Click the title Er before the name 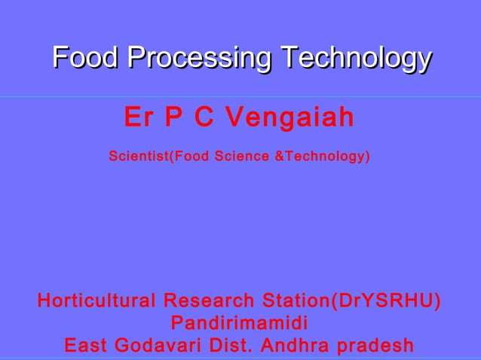137,117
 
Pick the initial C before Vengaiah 204,117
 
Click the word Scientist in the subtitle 139,157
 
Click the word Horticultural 97,302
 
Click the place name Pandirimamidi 240,324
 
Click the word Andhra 290,346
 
